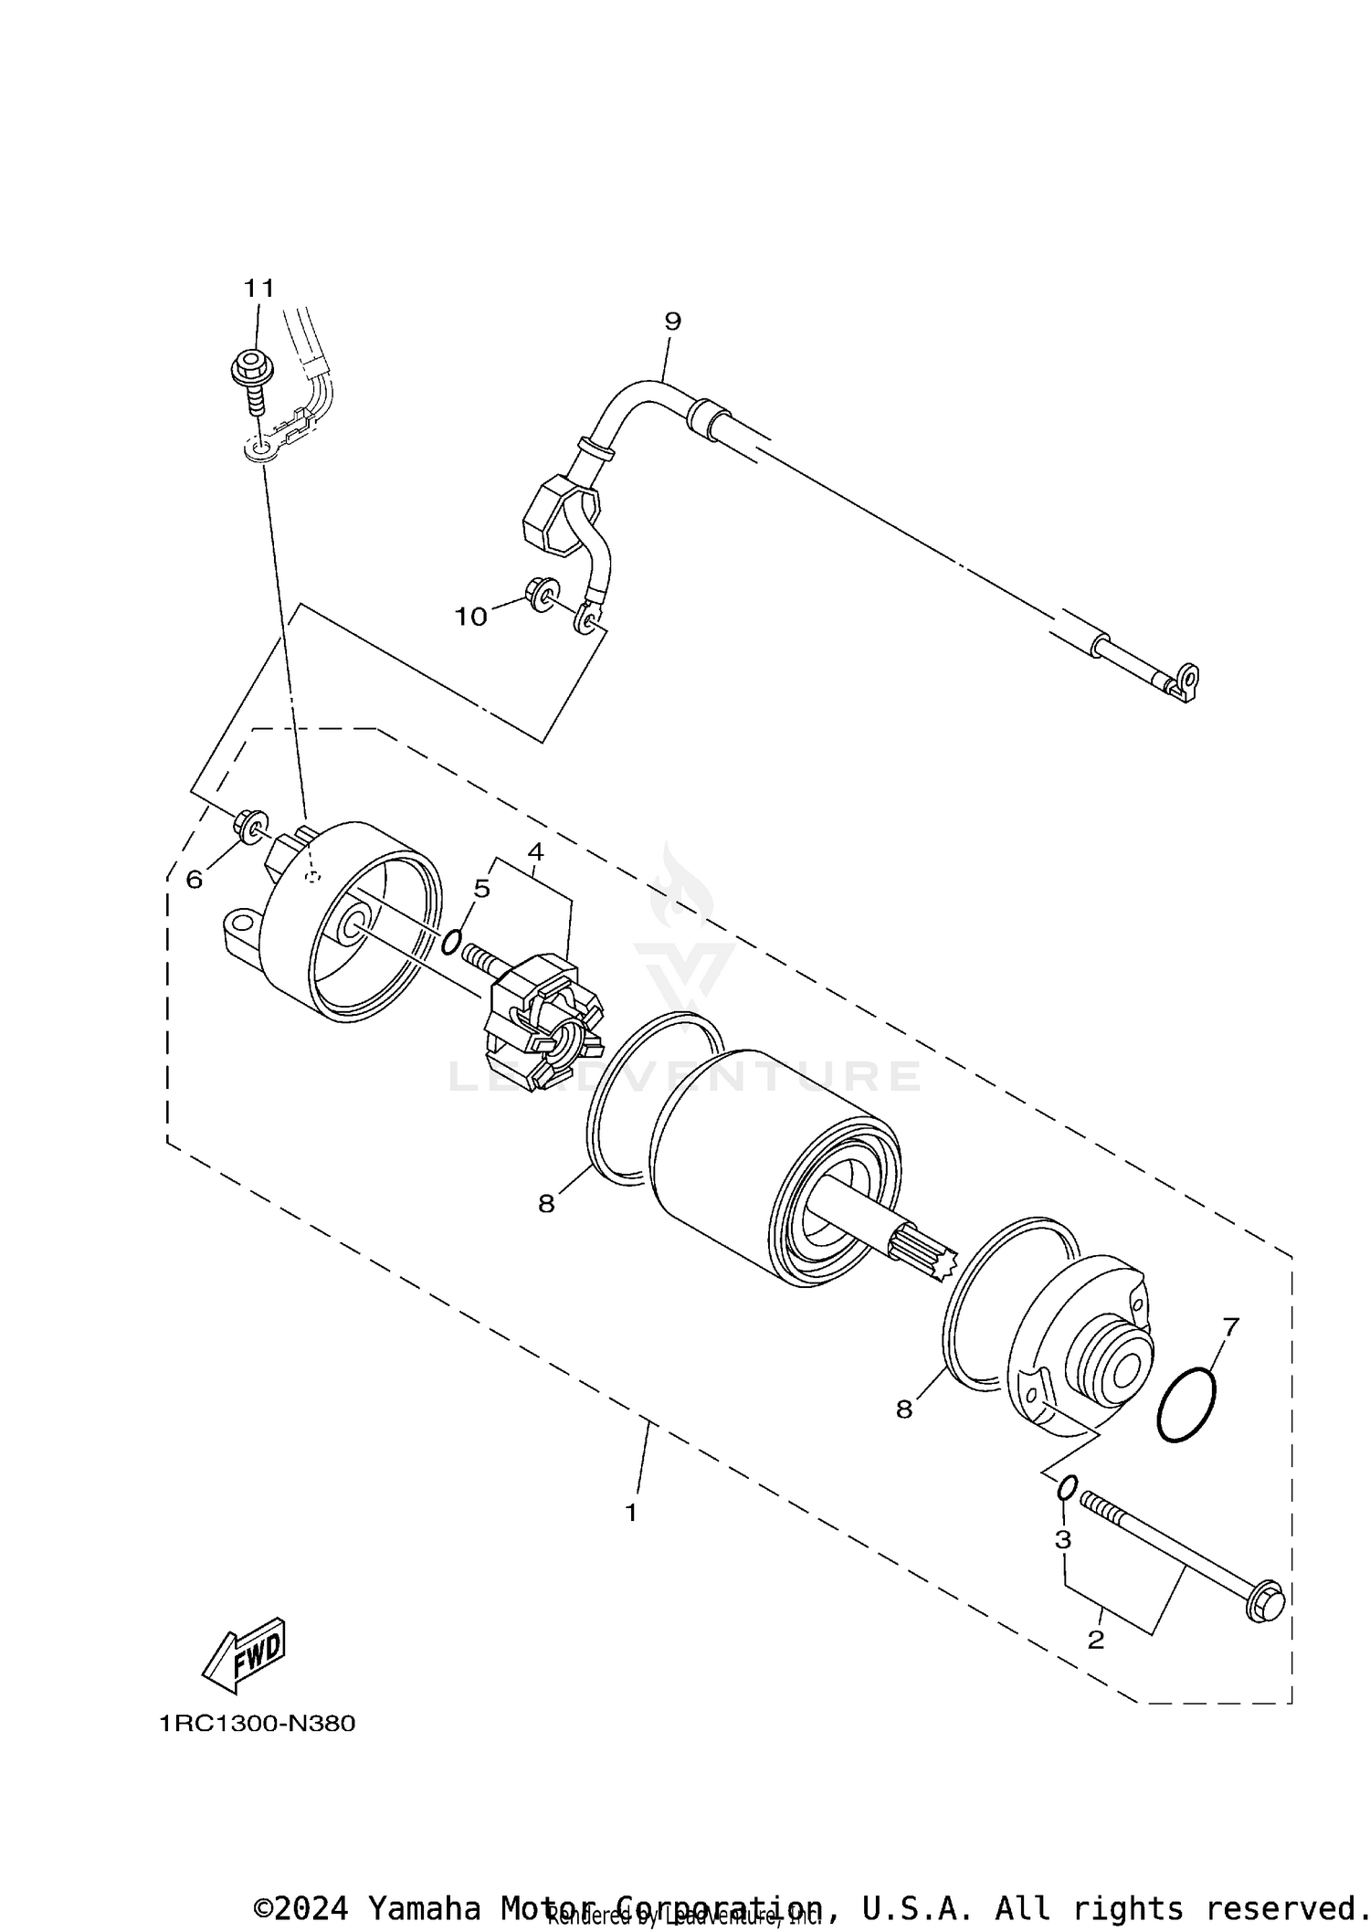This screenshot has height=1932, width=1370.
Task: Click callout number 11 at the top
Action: tap(258, 289)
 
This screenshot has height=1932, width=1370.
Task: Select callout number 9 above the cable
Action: tap(672, 322)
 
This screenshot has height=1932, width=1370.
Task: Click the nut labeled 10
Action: tap(542, 595)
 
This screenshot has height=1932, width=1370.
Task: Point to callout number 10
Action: tap(471, 618)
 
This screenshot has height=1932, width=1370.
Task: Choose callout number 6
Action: tap(194, 880)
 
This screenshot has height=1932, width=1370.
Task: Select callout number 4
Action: tap(535, 852)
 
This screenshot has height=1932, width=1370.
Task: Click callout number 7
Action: tap(1230, 1327)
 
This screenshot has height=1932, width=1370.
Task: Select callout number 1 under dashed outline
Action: tap(630, 1513)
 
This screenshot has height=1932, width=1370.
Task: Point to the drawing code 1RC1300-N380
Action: tap(257, 1724)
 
